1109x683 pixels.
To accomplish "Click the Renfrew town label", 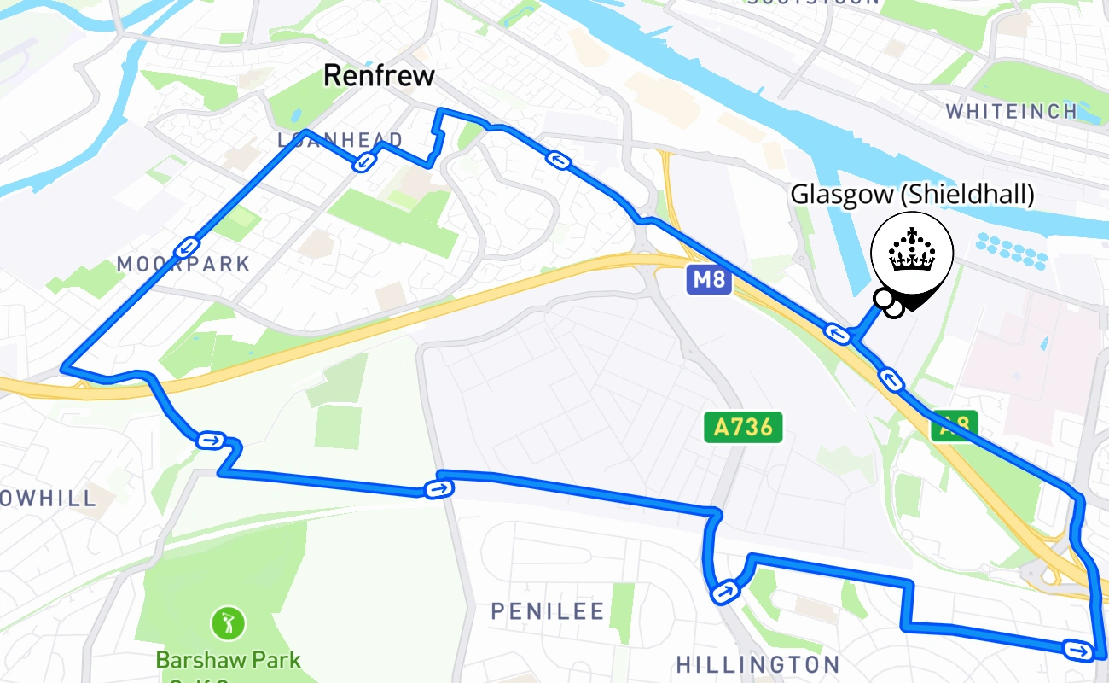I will pyautogui.click(x=379, y=75).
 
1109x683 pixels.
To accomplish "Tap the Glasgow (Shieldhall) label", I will pyautogui.click(x=912, y=195).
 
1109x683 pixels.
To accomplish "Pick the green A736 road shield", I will pyautogui.click(x=743, y=427).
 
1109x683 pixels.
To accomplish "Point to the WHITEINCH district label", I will pyautogui.click(x=1012, y=111).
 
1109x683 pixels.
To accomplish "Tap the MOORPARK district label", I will pyautogui.click(x=183, y=264).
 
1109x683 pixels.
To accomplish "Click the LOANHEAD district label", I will pyautogui.click(x=340, y=140).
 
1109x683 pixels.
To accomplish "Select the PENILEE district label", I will pyautogui.click(x=548, y=611).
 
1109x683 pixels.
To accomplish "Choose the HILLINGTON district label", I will pyautogui.click(x=758, y=664).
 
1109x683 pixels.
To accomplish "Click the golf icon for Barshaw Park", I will pyautogui.click(x=228, y=622).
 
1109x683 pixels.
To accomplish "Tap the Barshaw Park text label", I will pyautogui.click(x=228, y=660).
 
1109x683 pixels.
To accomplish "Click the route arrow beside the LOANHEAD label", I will pyautogui.click(x=364, y=161).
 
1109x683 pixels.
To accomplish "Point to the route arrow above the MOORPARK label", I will pyautogui.click(x=186, y=248).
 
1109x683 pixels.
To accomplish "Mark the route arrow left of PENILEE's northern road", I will pyautogui.click(x=209, y=441).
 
